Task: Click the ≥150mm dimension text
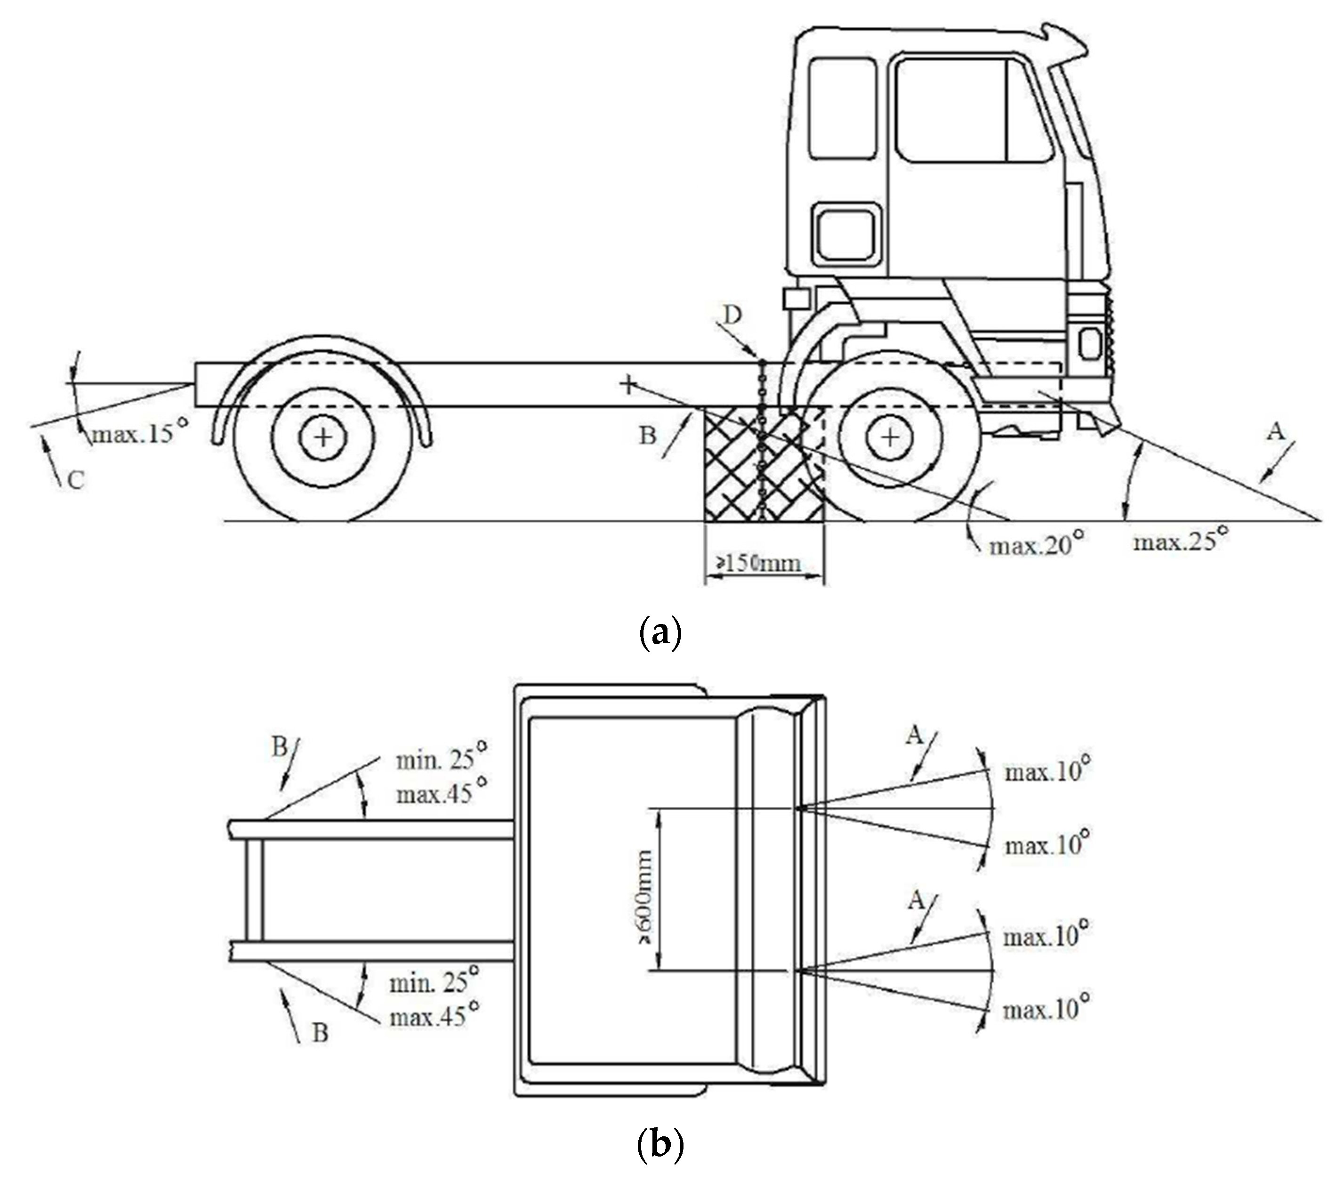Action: pos(758,563)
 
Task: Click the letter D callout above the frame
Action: pos(732,316)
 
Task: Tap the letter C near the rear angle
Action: pos(76,480)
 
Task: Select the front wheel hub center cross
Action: pos(890,437)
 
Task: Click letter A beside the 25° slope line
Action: pos(1275,432)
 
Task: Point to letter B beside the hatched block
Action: pos(648,435)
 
